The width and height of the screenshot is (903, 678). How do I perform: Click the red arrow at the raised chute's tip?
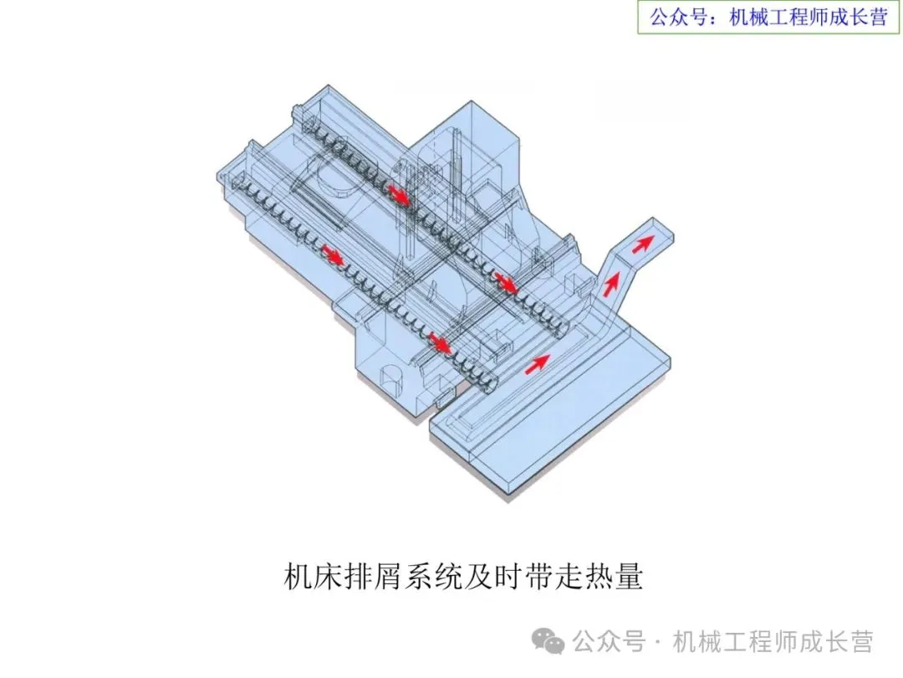642,244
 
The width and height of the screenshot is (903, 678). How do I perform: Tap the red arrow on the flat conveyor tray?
538,363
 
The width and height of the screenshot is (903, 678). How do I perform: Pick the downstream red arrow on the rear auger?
505,282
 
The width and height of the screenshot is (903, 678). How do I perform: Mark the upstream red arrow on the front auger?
333,255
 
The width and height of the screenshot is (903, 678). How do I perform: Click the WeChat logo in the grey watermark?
551,642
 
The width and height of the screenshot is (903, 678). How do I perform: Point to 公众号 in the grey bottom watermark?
609,642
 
